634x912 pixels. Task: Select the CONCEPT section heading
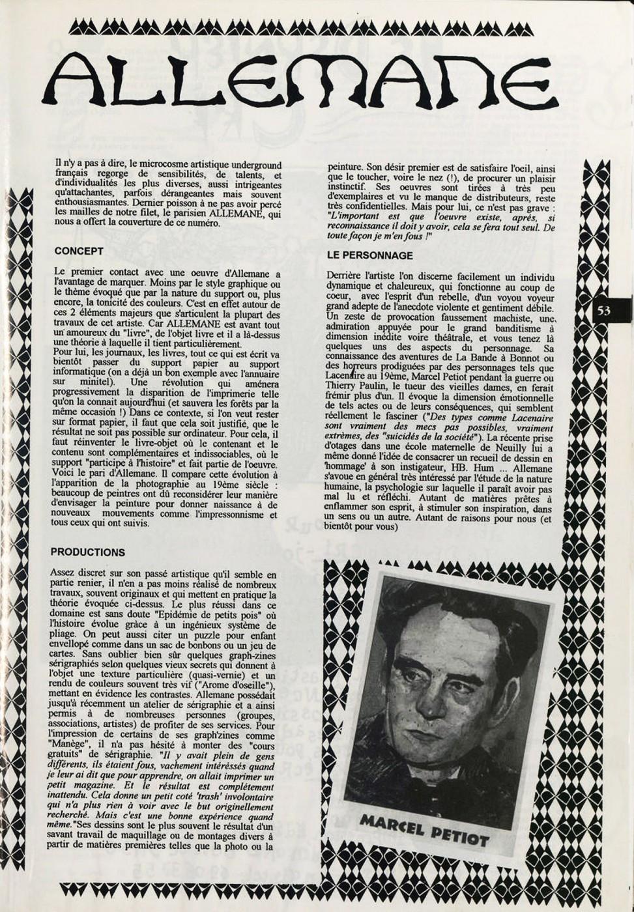(x=79, y=251)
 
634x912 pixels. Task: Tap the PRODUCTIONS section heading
(x=87, y=552)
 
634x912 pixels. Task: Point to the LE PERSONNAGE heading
(x=369, y=255)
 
